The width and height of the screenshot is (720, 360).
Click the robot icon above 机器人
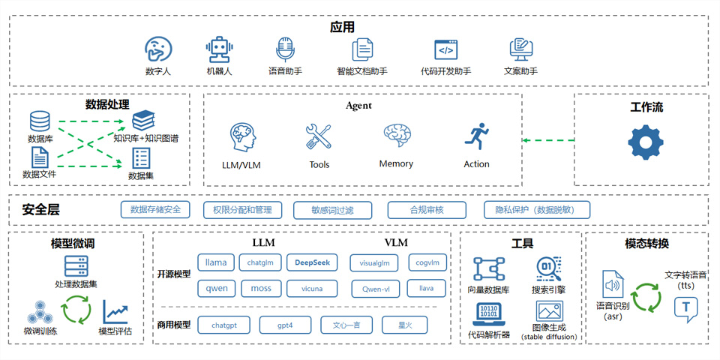(x=219, y=49)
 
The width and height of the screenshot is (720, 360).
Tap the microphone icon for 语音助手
(x=285, y=49)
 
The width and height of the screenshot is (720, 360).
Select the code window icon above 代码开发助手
(x=446, y=49)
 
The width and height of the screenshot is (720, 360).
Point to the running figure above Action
(x=476, y=138)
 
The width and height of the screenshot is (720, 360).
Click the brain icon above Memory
(x=397, y=136)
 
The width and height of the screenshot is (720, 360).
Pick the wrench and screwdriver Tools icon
(x=319, y=138)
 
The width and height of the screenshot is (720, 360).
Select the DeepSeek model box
(x=312, y=262)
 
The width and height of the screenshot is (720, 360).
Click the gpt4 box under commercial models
(x=285, y=325)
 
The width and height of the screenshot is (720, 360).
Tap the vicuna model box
(x=312, y=288)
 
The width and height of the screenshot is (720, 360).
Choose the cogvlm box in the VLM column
(x=427, y=262)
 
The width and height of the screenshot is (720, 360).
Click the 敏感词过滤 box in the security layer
(x=332, y=210)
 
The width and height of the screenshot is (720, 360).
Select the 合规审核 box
(x=427, y=210)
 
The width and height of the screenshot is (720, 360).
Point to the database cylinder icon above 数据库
(x=40, y=121)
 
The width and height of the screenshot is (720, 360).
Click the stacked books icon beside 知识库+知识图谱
(x=142, y=120)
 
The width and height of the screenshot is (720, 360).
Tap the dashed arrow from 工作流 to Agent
(x=548, y=140)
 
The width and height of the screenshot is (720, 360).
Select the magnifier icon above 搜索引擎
(x=549, y=268)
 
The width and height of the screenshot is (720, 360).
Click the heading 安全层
(x=41, y=210)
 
